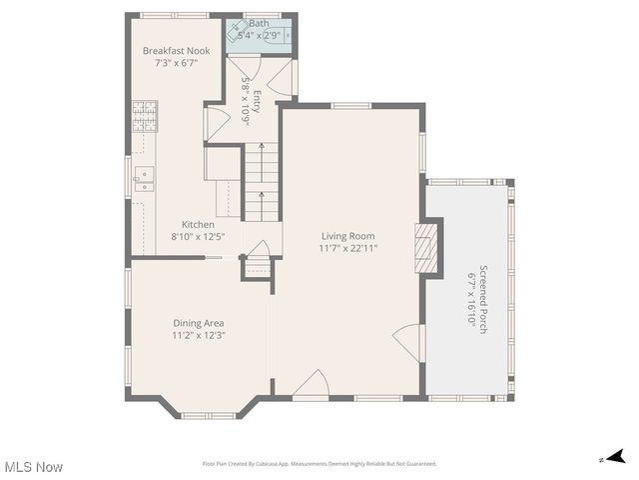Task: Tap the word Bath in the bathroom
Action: click(x=259, y=23)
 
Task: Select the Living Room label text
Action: click(x=347, y=236)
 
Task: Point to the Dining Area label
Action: click(x=198, y=323)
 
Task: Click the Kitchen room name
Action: click(x=198, y=224)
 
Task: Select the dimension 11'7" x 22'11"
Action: click(x=347, y=248)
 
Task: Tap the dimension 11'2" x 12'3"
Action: click(x=198, y=335)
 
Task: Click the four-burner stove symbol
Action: click(x=143, y=116)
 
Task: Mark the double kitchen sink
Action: click(x=144, y=179)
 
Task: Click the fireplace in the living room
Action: click(x=426, y=248)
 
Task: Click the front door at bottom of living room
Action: click(x=312, y=384)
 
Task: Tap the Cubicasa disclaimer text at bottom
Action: click(x=319, y=464)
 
